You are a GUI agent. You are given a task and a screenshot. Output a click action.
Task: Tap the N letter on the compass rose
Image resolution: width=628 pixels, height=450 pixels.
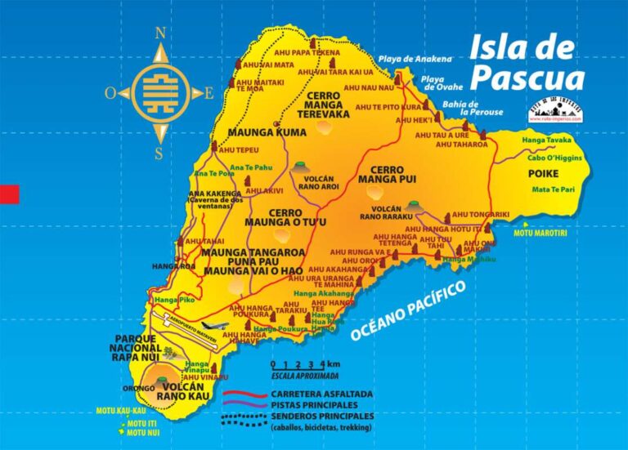159,33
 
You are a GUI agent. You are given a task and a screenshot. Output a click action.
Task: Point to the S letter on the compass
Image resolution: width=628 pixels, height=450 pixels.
159,153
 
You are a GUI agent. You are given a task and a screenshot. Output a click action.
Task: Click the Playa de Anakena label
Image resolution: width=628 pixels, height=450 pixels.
415,60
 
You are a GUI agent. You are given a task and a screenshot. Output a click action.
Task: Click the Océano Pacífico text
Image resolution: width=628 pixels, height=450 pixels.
407,311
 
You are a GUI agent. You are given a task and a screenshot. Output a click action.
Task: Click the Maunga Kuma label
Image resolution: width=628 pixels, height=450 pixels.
255,132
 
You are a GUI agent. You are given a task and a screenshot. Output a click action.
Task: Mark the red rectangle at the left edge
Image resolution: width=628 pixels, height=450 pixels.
9,194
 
